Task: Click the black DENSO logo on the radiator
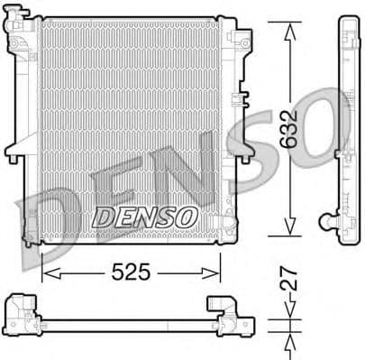click(x=145, y=217)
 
